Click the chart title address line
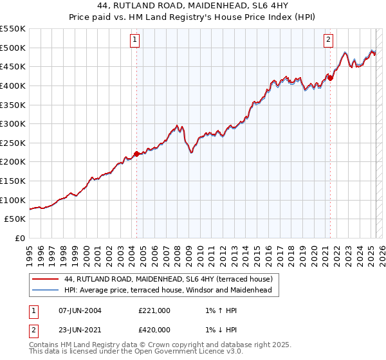pyautogui.click(x=192, y=7)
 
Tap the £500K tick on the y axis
pyautogui.click(x=13, y=48)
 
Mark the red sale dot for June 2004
pyautogui.click(x=136, y=154)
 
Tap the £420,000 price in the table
pyautogui.click(x=154, y=330)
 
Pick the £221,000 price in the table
pyautogui.click(x=154, y=310)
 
